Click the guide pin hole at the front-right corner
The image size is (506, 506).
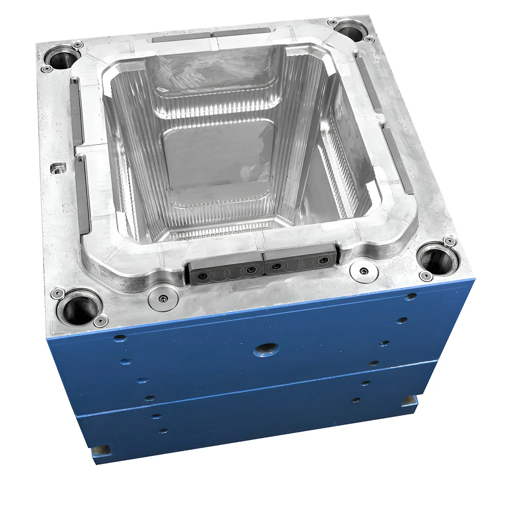coord(437,260)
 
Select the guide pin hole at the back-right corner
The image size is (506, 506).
coord(350,31)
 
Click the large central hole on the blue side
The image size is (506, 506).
coord(266,349)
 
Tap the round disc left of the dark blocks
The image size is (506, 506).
coord(163,298)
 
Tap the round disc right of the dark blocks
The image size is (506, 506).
coord(364,271)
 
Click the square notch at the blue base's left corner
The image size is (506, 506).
coord(102,450)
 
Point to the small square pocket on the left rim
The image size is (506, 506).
coord(59,167)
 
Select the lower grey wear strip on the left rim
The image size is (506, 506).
coord(83,194)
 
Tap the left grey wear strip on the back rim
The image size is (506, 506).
coord(180,37)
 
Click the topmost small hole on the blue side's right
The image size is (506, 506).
coord(411,297)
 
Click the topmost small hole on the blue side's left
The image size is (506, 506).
coord(120,338)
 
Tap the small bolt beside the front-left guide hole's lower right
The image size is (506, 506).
coord(101,321)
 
